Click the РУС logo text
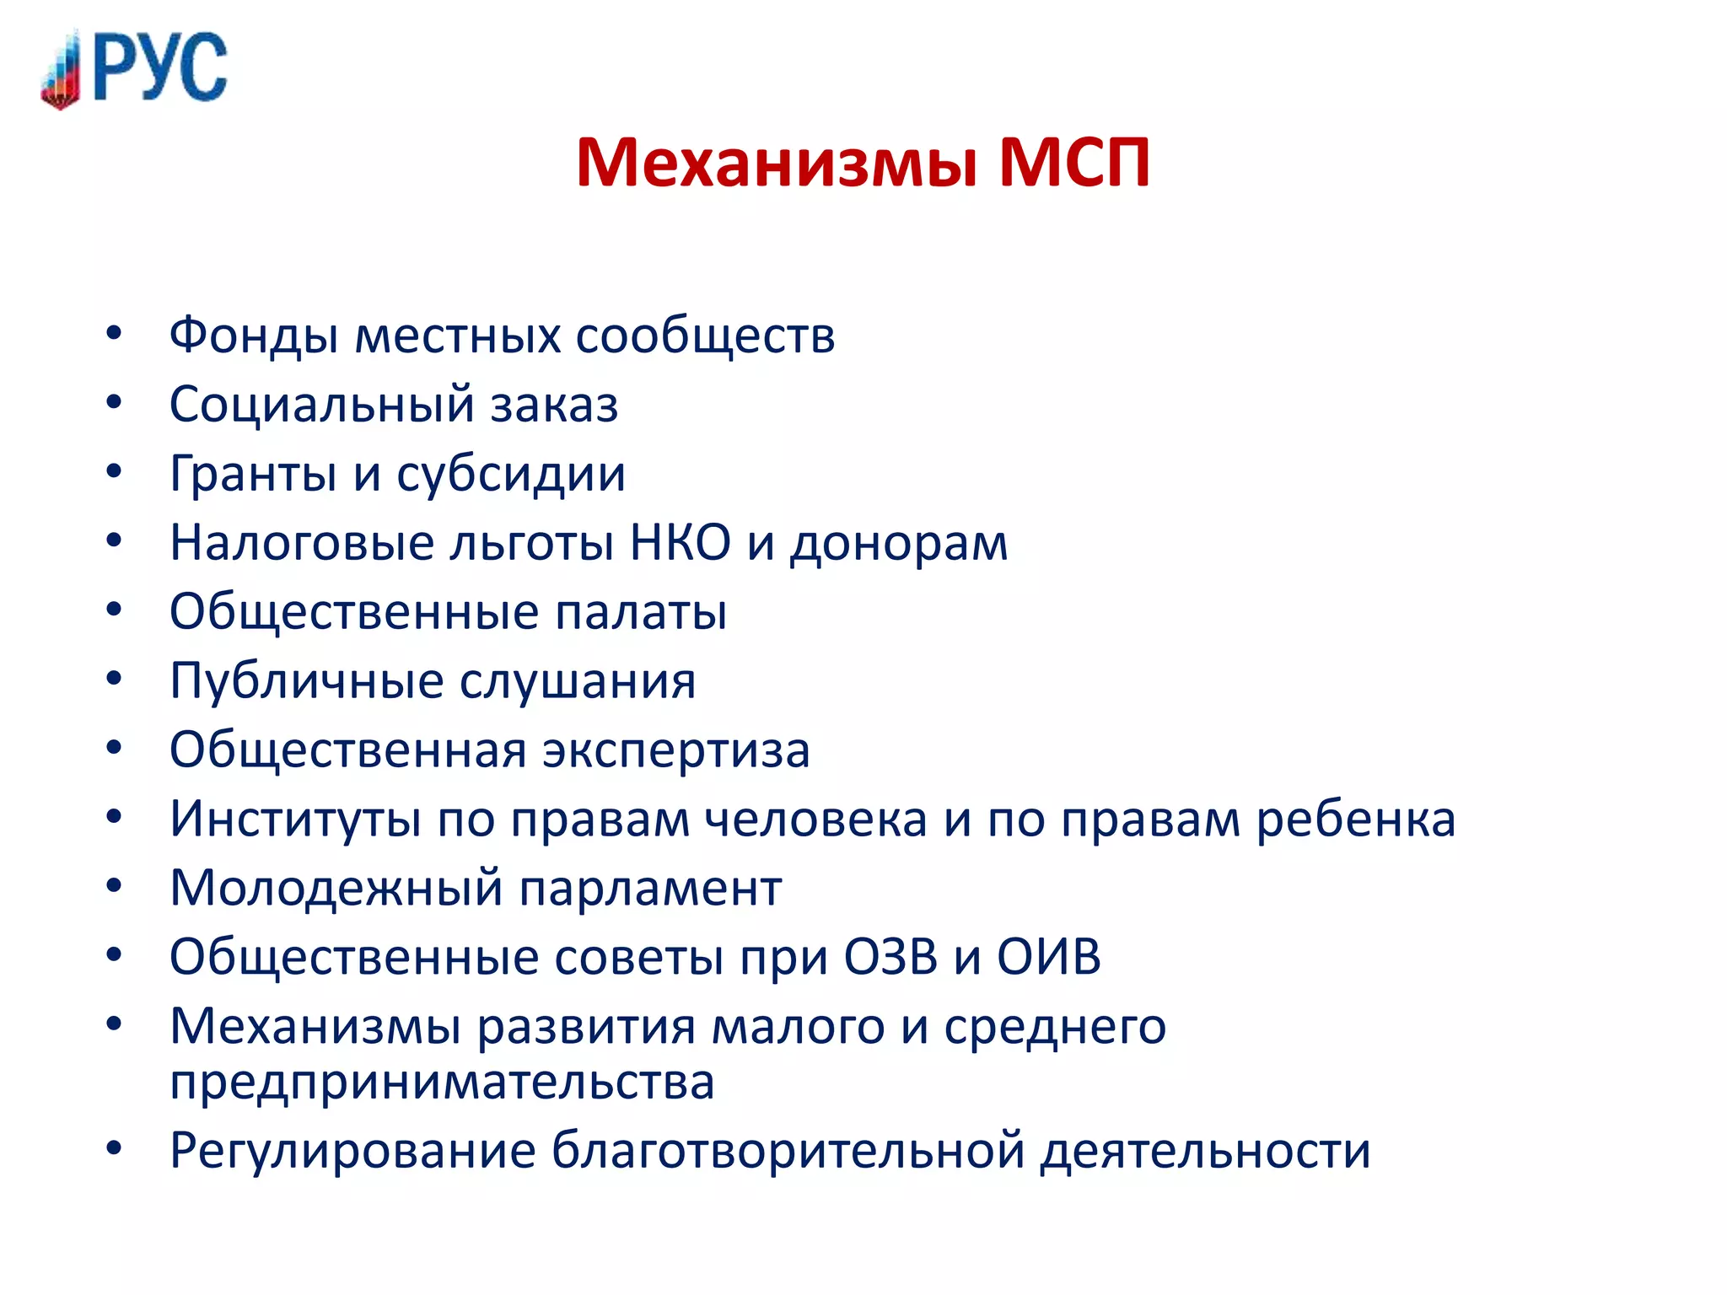pyautogui.click(x=160, y=67)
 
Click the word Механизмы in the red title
pyautogui.click(x=777, y=162)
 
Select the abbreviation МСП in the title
pyautogui.click(x=1074, y=162)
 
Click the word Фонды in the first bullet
pyautogui.click(x=253, y=336)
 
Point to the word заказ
pyautogui.click(x=554, y=406)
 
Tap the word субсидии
pyautogui.click(x=511, y=475)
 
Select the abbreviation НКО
pyautogui.click(x=681, y=543)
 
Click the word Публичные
pyautogui.click(x=306, y=681)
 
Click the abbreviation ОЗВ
pyautogui.click(x=890, y=958)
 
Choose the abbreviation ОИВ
pyautogui.click(x=1049, y=958)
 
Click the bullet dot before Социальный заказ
pyautogui.click(x=114, y=403)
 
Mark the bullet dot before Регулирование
pyautogui.click(x=114, y=1148)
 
